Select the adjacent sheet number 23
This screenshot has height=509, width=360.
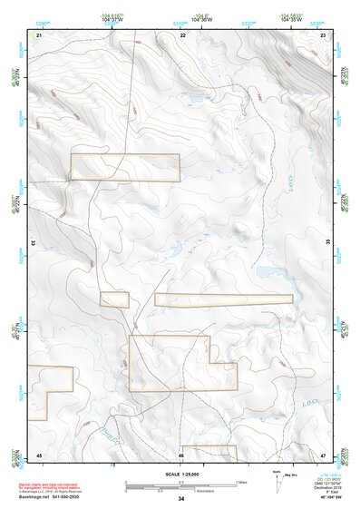(x=323, y=34)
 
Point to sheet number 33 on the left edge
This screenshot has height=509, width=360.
(x=34, y=243)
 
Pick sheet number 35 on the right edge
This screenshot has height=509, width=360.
(x=328, y=243)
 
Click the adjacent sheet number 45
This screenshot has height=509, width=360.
(x=39, y=454)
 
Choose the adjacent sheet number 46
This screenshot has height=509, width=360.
(x=181, y=454)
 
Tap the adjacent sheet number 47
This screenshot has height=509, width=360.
(x=323, y=454)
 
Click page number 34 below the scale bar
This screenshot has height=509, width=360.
(x=181, y=499)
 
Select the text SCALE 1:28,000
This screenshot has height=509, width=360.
(x=180, y=475)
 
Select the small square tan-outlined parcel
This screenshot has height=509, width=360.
(x=114, y=299)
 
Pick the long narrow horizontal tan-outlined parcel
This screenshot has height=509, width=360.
(x=223, y=299)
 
